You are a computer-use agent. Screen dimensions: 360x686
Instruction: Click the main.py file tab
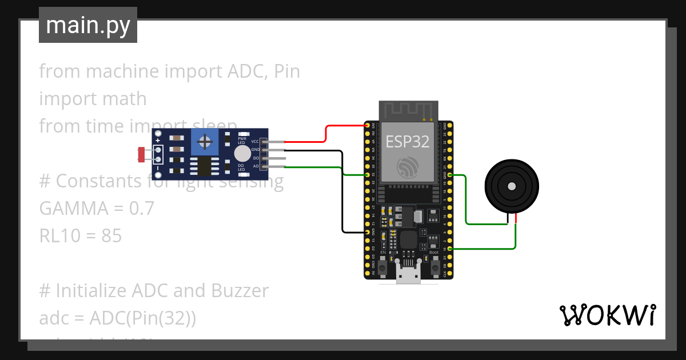87,25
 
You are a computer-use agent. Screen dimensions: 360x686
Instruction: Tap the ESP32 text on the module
407,142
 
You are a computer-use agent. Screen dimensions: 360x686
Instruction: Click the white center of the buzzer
511,186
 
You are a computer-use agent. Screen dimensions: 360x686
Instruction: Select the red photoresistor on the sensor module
141,154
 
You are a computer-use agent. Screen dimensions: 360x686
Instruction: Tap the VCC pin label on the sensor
255,141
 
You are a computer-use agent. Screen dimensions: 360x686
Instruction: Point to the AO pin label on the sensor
256,166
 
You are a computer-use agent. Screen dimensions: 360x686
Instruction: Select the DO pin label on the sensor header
256,158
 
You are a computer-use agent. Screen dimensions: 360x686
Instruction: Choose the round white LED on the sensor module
242,153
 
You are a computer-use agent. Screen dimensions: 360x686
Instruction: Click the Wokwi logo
607,315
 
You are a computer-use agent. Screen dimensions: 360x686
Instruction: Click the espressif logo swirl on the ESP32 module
407,166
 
